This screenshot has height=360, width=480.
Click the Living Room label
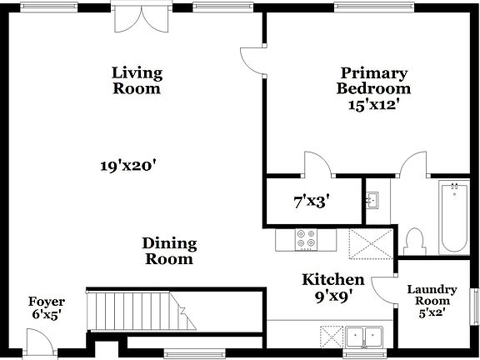(137, 80)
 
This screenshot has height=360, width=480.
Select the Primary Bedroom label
(373, 80)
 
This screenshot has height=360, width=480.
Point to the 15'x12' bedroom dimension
(374, 105)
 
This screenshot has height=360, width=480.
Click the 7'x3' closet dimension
(312, 201)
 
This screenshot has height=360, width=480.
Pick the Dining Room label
(168, 251)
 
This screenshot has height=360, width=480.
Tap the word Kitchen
(332, 279)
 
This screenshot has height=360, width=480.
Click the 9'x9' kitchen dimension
(332, 294)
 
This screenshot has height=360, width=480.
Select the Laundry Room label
(432, 295)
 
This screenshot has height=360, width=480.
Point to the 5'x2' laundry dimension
(432, 313)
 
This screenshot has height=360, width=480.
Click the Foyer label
(47, 302)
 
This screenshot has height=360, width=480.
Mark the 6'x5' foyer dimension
(46, 315)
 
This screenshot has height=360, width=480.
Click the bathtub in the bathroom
(454, 217)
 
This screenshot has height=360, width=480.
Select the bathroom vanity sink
(374, 200)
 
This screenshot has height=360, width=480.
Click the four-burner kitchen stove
(306, 240)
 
